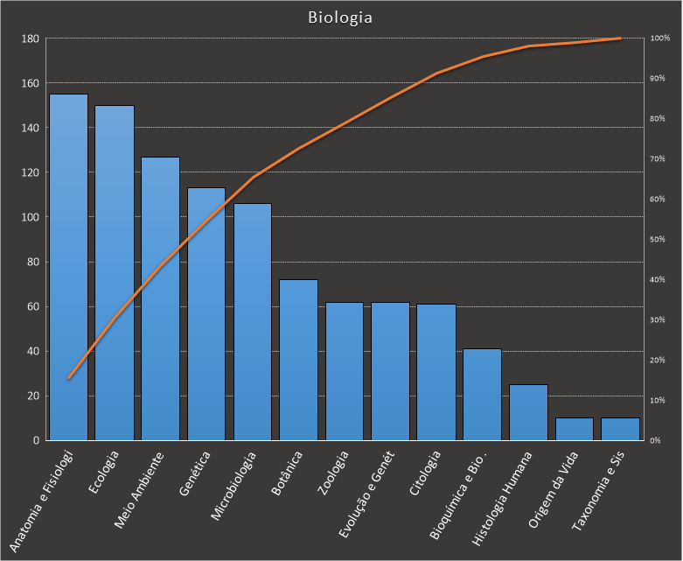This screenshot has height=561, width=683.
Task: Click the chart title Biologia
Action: [x=340, y=18]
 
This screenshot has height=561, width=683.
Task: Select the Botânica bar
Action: [x=298, y=360]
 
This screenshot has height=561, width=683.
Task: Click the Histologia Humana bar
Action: [x=528, y=412]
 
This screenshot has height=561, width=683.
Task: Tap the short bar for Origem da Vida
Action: [x=575, y=429]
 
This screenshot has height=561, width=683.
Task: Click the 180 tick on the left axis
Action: [x=30, y=39]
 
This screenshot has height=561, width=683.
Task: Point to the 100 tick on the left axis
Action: [x=30, y=217]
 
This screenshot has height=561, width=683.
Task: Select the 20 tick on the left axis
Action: [x=32, y=396]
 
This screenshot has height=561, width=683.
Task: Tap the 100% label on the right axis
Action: [x=659, y=39]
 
